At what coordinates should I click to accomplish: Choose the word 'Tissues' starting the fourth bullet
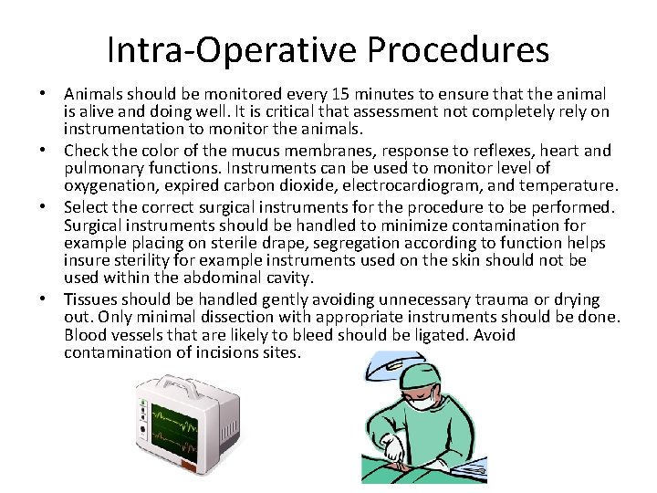coord(89,299)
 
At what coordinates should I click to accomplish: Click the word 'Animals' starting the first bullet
coord(95,95)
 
